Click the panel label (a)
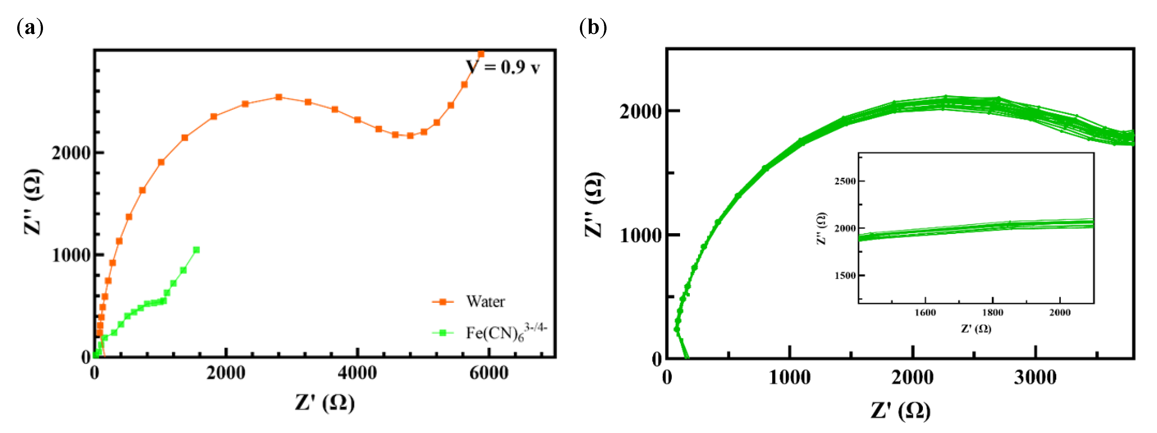pyautogui.click(x=30, y=28)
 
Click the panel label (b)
pyautogui.click(x=593, y=28)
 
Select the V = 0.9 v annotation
pyautogui.click(x=503, y=67)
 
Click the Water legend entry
pyautogui.click(x=485, y=301)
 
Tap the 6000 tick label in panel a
pyautogui.click(x=489, y=373)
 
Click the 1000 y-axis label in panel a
pyautogui.click(x=71, y=255)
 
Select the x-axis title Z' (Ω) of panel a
pyautogui.click(x=325, y=402)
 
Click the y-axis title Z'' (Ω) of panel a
pyautogui.click(x=34, y=202)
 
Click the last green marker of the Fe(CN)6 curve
pyautogui.click(x=196, y=250)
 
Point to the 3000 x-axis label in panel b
pyautogui.click(x=1035, y=377)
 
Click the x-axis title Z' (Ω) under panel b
pyautogui.click(x=901, y=410)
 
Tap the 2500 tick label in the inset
pyautogui.click(x=845, y=181)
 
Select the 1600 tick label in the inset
pyautogui.click(x=925, y=313)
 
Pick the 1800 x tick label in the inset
pyautogui.click(x=993, y=313)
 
